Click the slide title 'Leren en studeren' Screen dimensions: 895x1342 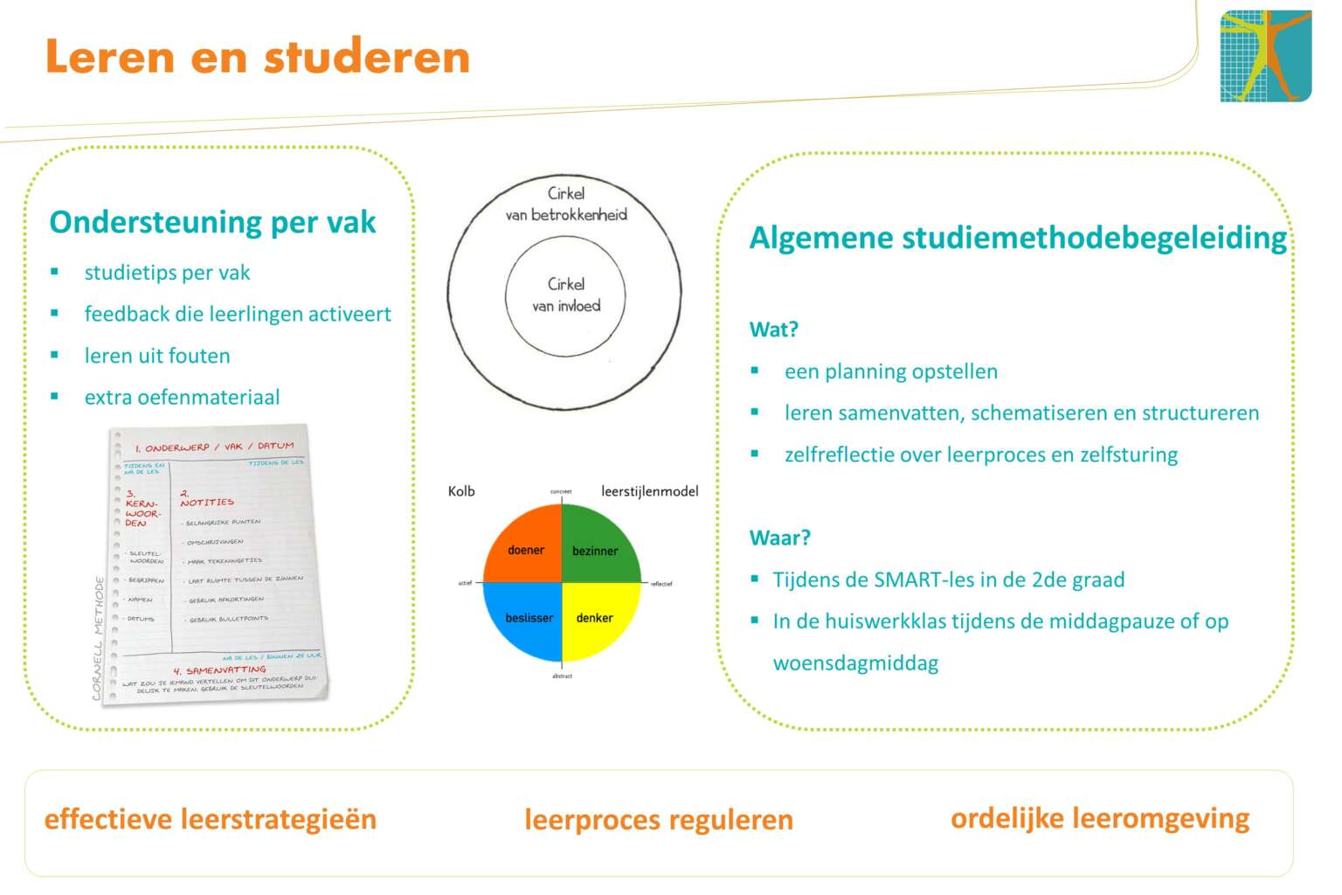[258, 57]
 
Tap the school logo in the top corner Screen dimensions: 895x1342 [1265, 56]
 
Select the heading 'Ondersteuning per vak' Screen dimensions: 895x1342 [212, 222]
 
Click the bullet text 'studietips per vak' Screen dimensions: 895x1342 [167, 273]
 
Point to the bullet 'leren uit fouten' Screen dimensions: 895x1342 [157, 356]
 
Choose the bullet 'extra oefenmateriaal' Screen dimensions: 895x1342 [182, 398]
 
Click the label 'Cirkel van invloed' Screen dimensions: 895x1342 [566, 295]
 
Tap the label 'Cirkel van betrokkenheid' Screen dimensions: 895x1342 [566, 204]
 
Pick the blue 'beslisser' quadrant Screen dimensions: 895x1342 [528, 619]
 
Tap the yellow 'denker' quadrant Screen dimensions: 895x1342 [595, 619]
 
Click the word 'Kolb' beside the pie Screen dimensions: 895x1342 [461, 491]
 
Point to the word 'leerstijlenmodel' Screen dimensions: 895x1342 [649, 491]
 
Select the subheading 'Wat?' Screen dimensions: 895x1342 [773, 330]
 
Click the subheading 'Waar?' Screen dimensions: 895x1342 [779, 538]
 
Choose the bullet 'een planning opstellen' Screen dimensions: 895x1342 [890, 371]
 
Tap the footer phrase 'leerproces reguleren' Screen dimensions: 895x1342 [659, 820]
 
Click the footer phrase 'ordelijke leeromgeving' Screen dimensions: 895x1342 [1100, 818]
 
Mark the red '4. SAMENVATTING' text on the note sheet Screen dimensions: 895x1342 [219, 670]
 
